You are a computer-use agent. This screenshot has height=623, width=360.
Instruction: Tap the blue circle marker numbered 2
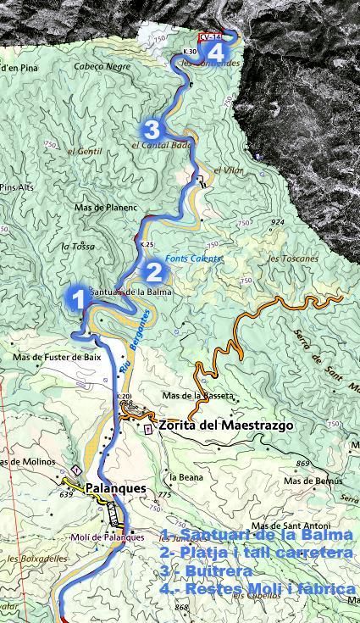154,272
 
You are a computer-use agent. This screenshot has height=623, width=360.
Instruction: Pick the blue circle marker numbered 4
215,51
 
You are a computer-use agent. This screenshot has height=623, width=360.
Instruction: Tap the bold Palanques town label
116,489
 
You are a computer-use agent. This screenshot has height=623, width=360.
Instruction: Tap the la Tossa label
76,247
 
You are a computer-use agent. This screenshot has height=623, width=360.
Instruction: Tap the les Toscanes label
292,259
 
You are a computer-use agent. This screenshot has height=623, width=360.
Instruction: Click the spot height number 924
276,223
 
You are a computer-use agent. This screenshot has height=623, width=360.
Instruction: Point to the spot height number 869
304,463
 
